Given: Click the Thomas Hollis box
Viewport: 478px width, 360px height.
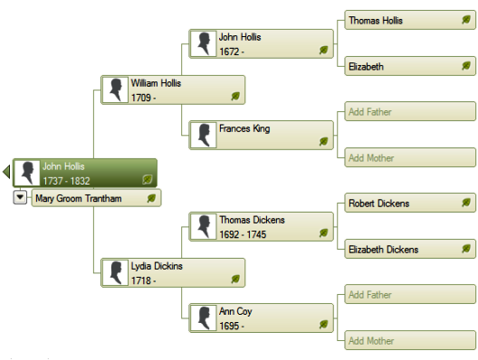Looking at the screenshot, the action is point(410,20).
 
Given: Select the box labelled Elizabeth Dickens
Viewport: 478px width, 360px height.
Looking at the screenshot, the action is point(410,249).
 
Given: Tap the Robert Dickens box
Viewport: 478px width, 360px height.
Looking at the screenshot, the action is point(410,203).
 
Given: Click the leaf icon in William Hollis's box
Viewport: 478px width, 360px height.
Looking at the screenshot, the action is point(235,96).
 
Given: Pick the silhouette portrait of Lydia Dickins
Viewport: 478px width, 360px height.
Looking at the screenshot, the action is point(115,272).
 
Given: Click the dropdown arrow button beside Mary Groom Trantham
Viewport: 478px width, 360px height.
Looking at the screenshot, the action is point(20,197).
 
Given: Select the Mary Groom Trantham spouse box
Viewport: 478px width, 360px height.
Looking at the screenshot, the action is point(96,198).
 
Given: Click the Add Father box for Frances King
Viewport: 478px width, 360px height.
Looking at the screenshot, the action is point(410,111).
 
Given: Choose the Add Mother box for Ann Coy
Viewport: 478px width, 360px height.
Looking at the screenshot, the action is point(410,340).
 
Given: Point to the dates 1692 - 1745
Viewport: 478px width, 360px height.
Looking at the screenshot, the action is point(243,234).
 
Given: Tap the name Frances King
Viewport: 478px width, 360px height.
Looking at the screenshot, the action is point(244,128).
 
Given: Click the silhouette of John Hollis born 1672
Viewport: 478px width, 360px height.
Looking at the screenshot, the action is point(204,43).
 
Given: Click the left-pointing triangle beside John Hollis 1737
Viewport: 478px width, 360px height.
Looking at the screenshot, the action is point(6,172).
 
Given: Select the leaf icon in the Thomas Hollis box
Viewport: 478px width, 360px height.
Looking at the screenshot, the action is point(466,20).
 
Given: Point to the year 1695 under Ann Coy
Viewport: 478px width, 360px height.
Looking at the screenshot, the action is point(229,326).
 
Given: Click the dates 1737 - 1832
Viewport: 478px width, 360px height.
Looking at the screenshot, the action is point(66,181).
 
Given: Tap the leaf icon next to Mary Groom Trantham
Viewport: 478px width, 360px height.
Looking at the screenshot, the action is point(151,198).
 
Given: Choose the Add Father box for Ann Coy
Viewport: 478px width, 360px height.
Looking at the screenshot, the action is point(410,294).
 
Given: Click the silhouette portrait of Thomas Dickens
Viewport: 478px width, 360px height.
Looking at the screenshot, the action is point(204,227).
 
